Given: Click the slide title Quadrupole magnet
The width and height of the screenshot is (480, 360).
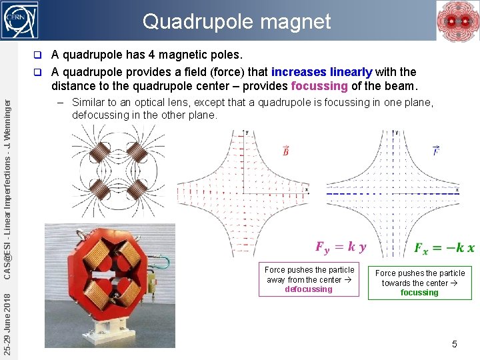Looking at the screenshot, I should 237,21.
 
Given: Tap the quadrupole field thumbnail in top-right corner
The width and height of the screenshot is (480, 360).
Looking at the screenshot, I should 457,21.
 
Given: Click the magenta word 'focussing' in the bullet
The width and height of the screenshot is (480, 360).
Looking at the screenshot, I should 319,86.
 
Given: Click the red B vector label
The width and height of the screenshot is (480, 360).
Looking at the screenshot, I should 286,151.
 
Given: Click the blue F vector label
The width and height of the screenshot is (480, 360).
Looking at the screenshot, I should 436,151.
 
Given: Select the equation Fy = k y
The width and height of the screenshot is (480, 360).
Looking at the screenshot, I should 341,247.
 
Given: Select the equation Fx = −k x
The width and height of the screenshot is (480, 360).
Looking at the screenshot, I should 443,247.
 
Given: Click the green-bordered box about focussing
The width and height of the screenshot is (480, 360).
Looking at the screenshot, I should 420,283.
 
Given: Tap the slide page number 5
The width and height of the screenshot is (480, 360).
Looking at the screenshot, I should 454,344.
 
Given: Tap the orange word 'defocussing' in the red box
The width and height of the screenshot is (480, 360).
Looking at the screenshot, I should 309,289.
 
